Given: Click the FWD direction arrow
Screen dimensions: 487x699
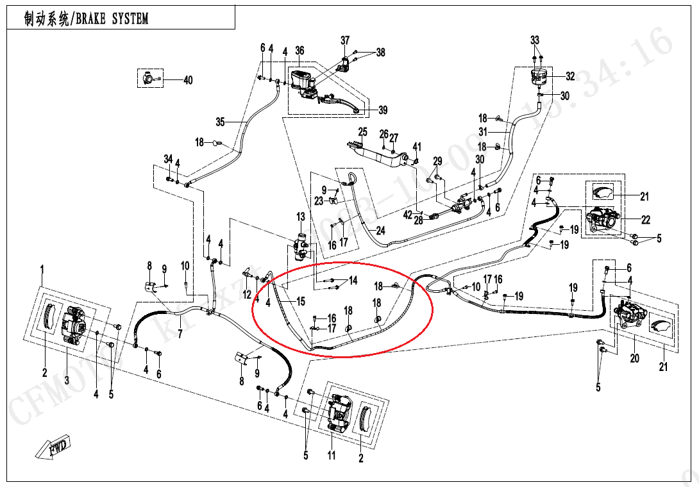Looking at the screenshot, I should [x=55, y=447].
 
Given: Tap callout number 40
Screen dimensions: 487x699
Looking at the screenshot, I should [x=187, y=80].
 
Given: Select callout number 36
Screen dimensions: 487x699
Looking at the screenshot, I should [x=299, y=51].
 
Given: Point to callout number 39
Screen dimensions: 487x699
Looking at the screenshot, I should [x=383, y=110].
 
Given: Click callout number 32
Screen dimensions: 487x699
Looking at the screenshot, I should [x=570, y=76].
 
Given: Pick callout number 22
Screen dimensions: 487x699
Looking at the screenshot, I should [x=645, y=220].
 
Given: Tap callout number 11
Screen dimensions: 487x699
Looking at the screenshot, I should [x=332, y=456].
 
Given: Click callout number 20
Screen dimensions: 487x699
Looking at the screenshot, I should [x=634, y=358].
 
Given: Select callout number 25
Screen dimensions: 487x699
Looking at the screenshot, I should [x=362, y=132].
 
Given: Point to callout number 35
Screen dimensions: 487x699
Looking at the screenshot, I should [x=221, y=122].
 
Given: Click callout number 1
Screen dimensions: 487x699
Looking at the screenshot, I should [x=43, y=267].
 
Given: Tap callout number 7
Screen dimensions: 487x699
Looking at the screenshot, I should [x=181, y=334].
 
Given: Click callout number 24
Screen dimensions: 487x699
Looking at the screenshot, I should [x=380, y=231].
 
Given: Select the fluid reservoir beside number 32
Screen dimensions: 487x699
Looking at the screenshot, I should [x=538, y=78].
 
